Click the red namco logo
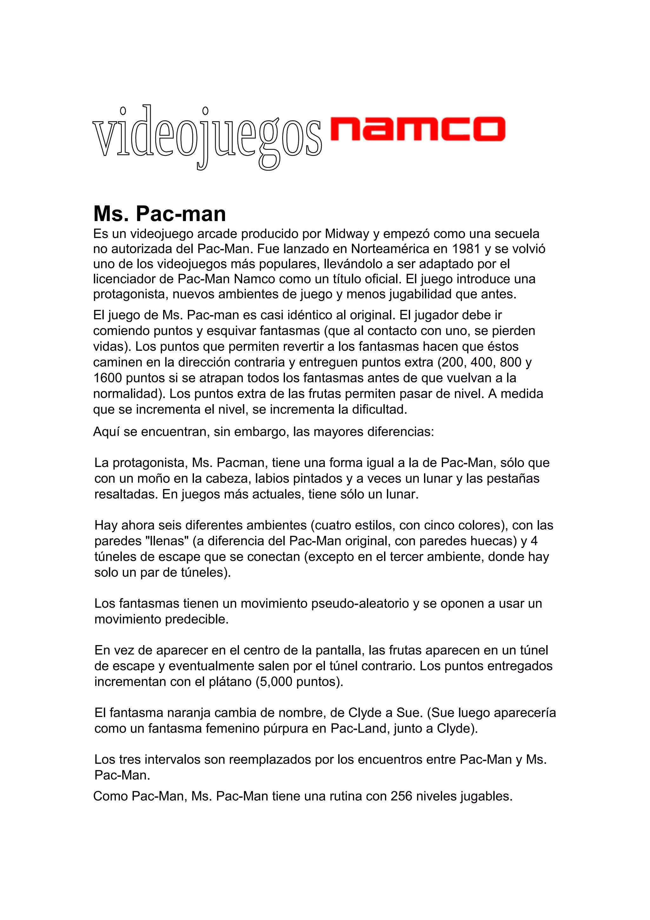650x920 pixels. click(418, 129)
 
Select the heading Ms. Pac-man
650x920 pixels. click(159, 214)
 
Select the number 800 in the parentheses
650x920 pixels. click(510, 362)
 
